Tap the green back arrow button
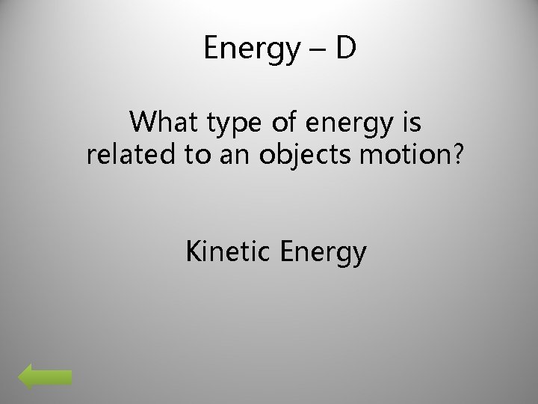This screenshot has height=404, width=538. pos(45,378)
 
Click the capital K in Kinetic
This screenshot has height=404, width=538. pos(193,252)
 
